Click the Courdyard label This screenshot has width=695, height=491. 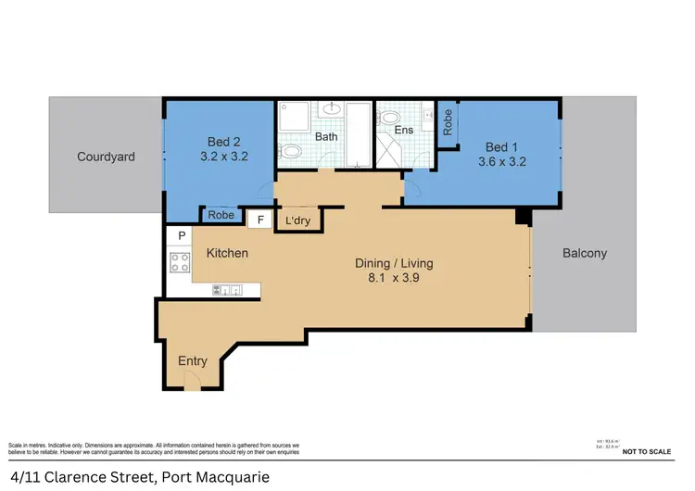105,157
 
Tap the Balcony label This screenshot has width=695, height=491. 584,253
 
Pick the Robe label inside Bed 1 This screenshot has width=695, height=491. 449,122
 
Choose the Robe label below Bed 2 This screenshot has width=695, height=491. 221,215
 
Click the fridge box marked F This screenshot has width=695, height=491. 260,220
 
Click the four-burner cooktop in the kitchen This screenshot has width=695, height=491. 179,262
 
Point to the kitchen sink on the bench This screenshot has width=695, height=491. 227,292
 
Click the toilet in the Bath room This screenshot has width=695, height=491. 292,151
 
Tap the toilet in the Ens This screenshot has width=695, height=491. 390,118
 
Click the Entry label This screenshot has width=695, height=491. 192,361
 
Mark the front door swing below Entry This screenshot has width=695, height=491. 193,382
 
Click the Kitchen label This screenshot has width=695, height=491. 227,253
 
